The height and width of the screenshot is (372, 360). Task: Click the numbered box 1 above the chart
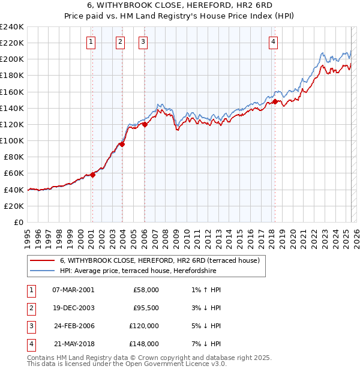pyautogui.click(x=90, y=41)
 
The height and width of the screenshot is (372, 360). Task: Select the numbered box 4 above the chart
pyautogui.click(x=273, y=41)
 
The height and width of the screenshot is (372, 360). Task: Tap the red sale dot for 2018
pyautogui.click(x=275, y=102)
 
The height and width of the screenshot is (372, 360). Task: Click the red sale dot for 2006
pyautogui.click(x=145, y=124)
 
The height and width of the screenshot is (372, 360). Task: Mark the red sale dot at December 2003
pyautogui.click(x=122, y=144)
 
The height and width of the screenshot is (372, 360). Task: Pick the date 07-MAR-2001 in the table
pyautogui.click(x=73, y=290)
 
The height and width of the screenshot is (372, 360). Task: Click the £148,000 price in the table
pyautogui.click(x=144, y=344)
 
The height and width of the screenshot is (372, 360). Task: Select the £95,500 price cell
pyautogui.click(x=146, y=308)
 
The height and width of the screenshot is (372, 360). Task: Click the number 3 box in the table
pyautogui.click(x=30, y=326)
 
